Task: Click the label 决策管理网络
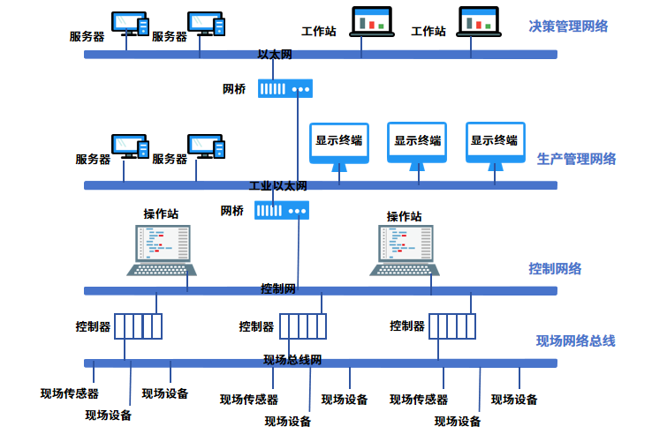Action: click(569, 26)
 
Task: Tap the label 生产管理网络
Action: click(576, 160)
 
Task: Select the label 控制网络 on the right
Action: click(555, 269)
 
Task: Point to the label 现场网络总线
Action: click(575, 340)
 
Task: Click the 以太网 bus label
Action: click(275, 55)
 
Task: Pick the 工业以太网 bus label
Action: click(277, 186)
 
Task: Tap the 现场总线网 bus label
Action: click(292, 361)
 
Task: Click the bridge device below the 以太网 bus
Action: click(285, 88)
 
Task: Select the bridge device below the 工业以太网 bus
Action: click(282, 210)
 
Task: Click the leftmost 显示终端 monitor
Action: click(339, 144)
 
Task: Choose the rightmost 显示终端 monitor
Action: click(494, 144)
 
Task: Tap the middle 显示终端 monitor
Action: click(417, 144)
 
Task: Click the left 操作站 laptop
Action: click(163, 250)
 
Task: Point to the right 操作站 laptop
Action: click(406, 250)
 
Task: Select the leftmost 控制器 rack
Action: click(139, 326)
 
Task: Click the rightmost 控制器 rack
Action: click(451, 326)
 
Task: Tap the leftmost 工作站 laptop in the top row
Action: click(371, 22)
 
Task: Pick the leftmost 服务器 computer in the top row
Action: click(130, 25)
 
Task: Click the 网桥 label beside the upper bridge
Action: click(234, 89)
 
